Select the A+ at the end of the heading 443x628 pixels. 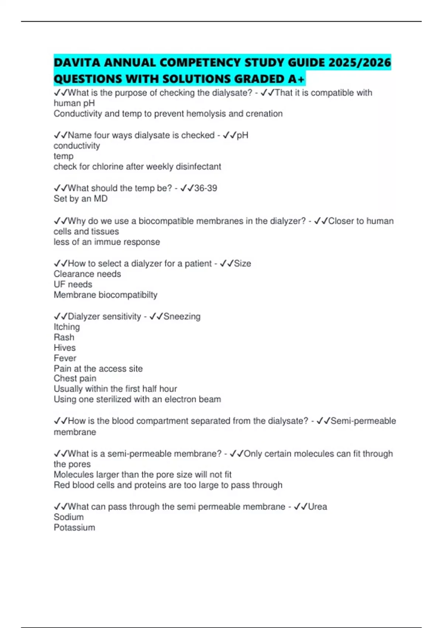297,79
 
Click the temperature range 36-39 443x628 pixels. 206,188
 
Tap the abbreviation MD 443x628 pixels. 100,199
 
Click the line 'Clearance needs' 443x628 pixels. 87,274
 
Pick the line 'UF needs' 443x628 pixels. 73,284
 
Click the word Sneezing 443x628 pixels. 182,317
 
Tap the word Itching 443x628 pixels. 67,327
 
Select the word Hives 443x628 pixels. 65,348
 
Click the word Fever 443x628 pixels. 65,358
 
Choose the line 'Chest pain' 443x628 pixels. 75,379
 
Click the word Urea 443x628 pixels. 317,506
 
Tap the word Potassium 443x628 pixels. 74,528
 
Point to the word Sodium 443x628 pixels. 69,517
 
